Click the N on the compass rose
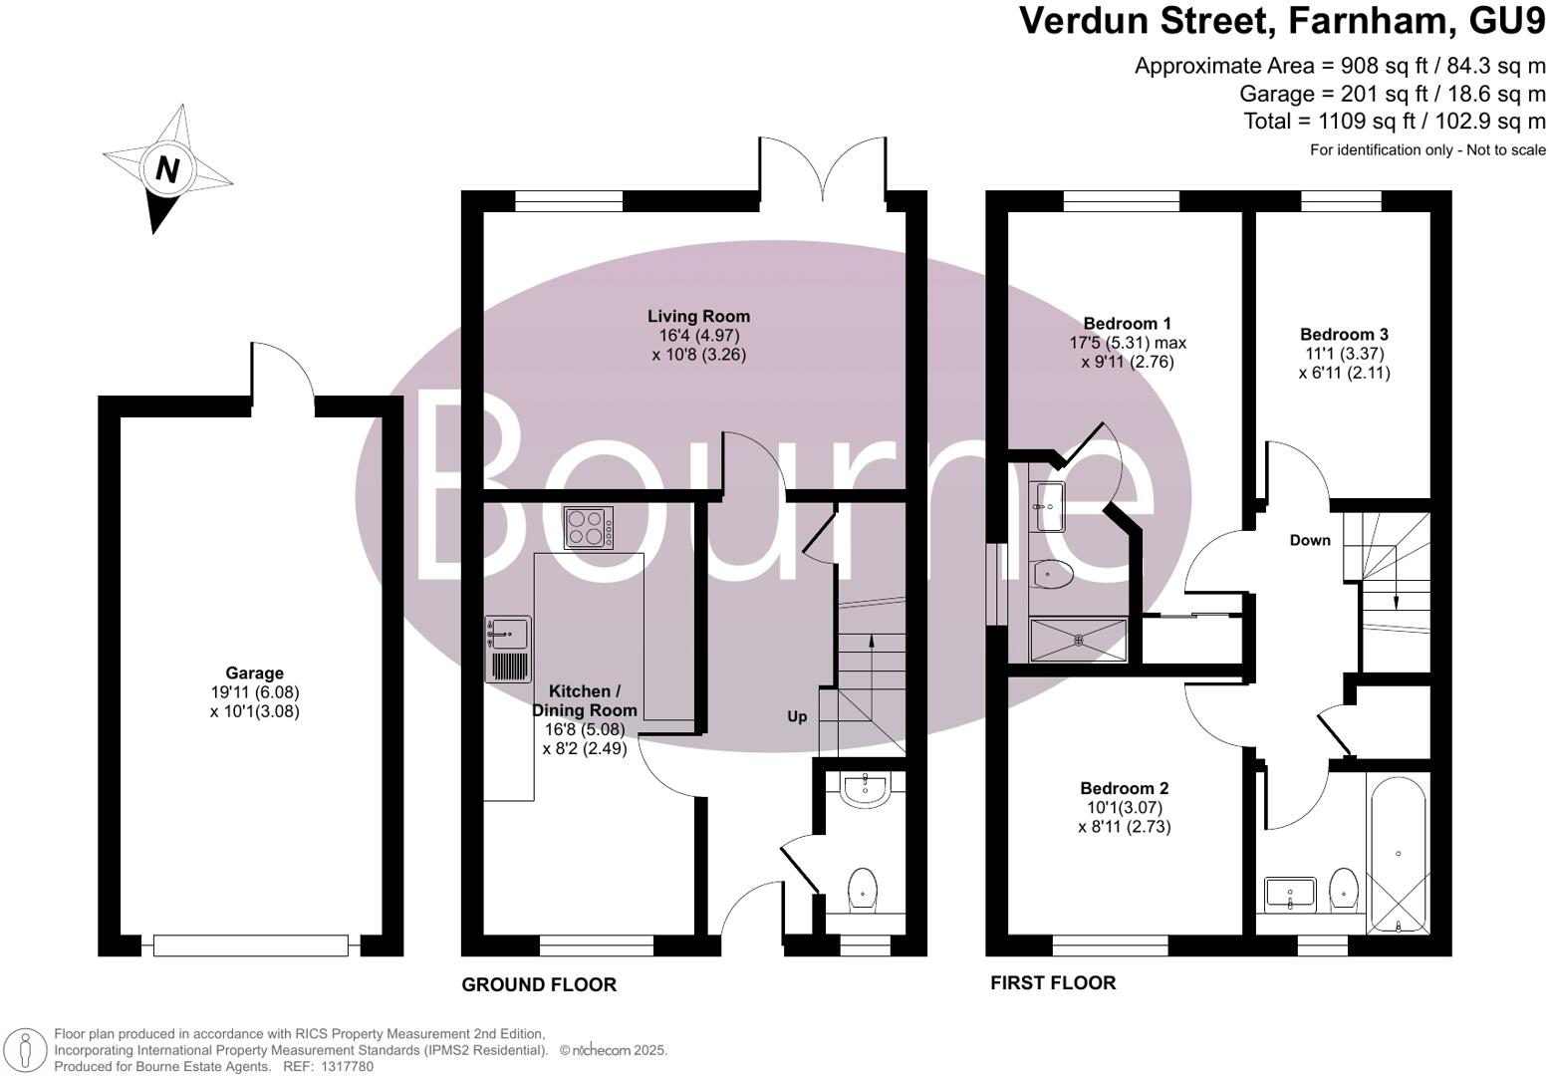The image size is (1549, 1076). (167, 169)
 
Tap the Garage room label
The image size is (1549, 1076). (254, 673)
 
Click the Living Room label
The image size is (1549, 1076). (698, 317)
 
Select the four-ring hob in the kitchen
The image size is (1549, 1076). (589, 528)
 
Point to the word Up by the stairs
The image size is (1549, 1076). (797, 716)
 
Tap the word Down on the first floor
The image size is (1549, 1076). (1310, 540)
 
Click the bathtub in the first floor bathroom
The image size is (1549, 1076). (1400, 855)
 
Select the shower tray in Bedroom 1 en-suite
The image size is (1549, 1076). (1078, 641)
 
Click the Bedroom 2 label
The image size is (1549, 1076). (1124, 788)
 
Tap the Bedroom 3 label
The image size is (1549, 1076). (1344, 335)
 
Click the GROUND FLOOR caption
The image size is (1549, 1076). (539, 984)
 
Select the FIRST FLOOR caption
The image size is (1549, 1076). (1053, 982)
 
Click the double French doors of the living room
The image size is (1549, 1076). (823, 173)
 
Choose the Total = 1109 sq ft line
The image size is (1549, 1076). (1395, 122)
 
